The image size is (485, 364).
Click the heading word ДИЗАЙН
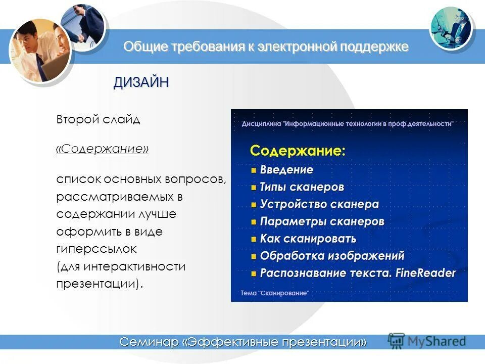(140, 83)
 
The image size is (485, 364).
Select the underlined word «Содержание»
(102, 150)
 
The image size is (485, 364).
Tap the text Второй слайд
(98, 120)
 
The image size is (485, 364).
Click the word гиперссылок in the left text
(96, 249)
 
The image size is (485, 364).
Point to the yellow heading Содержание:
(298, 150)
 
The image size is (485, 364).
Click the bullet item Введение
(286, 170)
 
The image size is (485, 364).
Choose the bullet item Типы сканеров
(302, 187)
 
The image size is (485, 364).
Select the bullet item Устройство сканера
(319, 204)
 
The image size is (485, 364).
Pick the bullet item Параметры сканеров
(322, 221)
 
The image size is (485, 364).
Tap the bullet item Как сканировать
(308, 239)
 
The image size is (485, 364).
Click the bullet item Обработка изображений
(332, 256)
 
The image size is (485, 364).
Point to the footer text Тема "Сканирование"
(274, 293)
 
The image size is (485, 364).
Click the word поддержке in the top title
(374, 47)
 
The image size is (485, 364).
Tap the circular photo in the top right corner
(451, 28)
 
